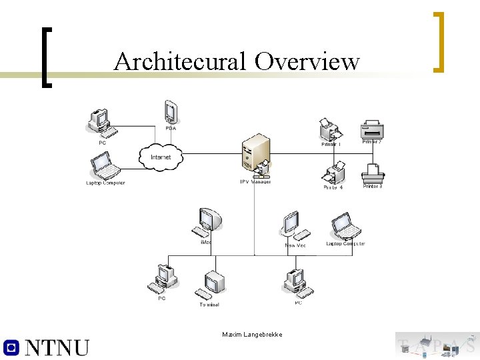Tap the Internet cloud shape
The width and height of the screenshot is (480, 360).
pos(161,157)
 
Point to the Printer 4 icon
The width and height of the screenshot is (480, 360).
pos(333,173)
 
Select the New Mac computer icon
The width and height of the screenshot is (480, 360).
pos(293,225)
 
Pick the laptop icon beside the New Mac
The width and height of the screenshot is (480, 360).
pos(345,226)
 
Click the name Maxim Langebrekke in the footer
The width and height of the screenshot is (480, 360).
pos(252,334)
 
